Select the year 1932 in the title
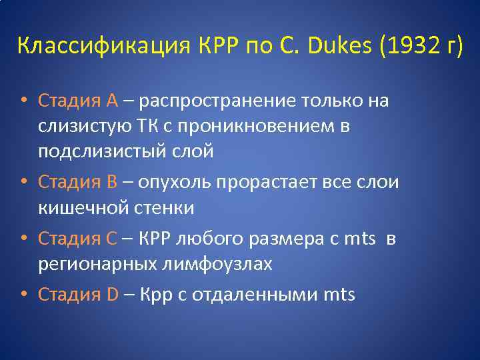click(409, 47)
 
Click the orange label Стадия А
click(78, 101)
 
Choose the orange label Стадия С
click(78, 238)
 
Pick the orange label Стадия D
click(79, 293)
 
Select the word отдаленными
click(253, 293)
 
